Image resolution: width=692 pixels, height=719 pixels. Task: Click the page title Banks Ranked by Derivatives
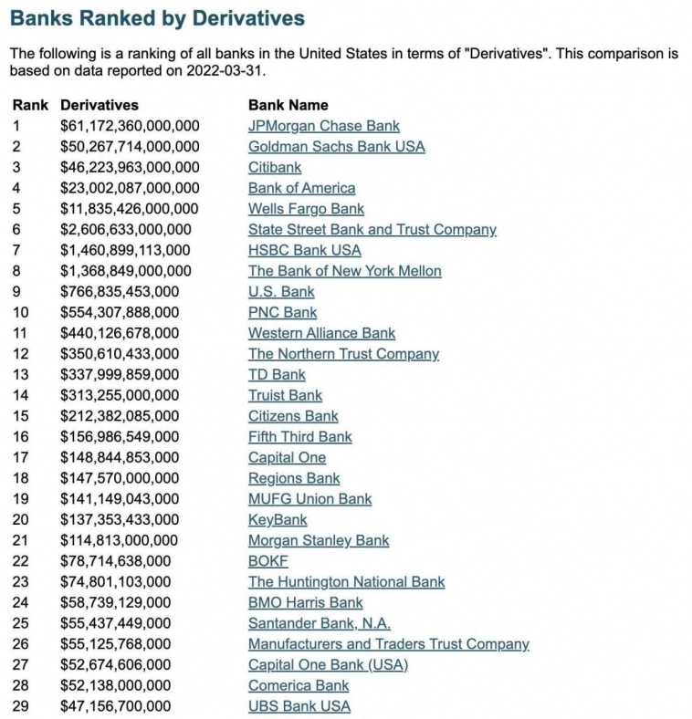(158, 18)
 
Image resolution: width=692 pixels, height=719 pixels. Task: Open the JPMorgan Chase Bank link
(323, 126)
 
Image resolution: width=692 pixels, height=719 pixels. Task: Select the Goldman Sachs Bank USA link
(336, 147)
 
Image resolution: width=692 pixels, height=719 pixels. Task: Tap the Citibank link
(274, 168)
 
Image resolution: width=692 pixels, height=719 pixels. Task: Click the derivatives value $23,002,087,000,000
(130, 188)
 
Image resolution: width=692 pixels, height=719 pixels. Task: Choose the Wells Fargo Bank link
(306, 209)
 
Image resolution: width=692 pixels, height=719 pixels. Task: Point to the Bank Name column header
(288, 105)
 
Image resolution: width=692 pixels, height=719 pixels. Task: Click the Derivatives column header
(100, 105)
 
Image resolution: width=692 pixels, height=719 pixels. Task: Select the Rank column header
(30, 105)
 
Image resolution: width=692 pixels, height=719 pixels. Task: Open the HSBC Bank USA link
(304, 250)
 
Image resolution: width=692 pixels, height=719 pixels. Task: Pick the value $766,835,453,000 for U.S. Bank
(120, 292)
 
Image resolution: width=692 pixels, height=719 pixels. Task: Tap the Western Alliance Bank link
(321, 333)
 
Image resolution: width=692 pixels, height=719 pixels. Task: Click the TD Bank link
(277, 375)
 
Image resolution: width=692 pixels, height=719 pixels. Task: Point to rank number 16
(21, 437)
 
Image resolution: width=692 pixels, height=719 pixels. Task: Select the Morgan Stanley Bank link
(318, 540)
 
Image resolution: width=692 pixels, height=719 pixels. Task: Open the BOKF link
(267, 561)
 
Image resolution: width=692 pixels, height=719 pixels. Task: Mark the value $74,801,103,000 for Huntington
(115, 582)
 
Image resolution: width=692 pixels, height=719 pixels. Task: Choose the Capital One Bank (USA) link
(328, 665)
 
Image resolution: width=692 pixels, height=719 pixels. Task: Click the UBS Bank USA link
(299, 706)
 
